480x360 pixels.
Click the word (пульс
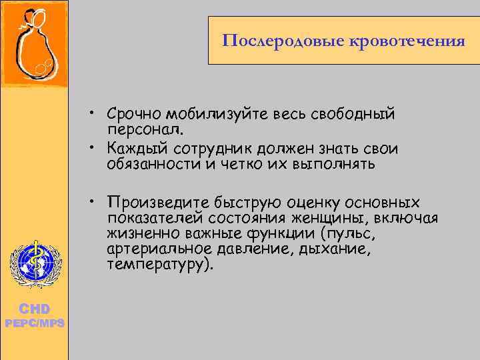coord(347,233)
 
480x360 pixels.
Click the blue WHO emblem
coord(34,263)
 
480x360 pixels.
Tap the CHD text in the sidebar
coord(34,309)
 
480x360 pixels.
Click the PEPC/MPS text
coord(34,323)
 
